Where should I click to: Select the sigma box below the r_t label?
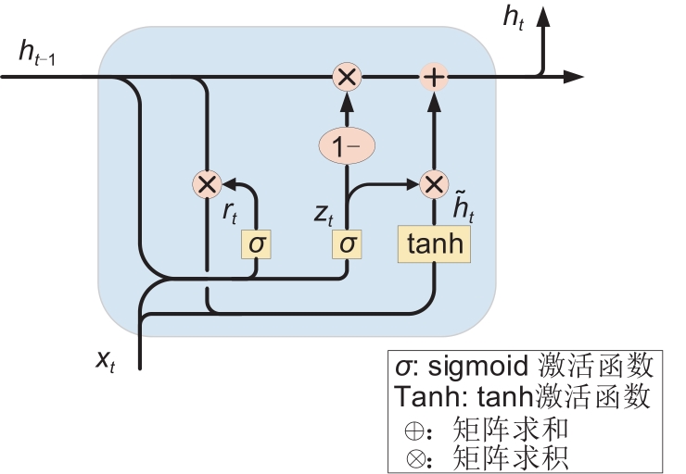(256, 244)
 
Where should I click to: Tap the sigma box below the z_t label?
(347, 244)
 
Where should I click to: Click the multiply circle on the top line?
(346, 77)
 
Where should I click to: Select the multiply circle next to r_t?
(206, 183)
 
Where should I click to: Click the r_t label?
(230, 212)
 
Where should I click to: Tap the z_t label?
(322, 212)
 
